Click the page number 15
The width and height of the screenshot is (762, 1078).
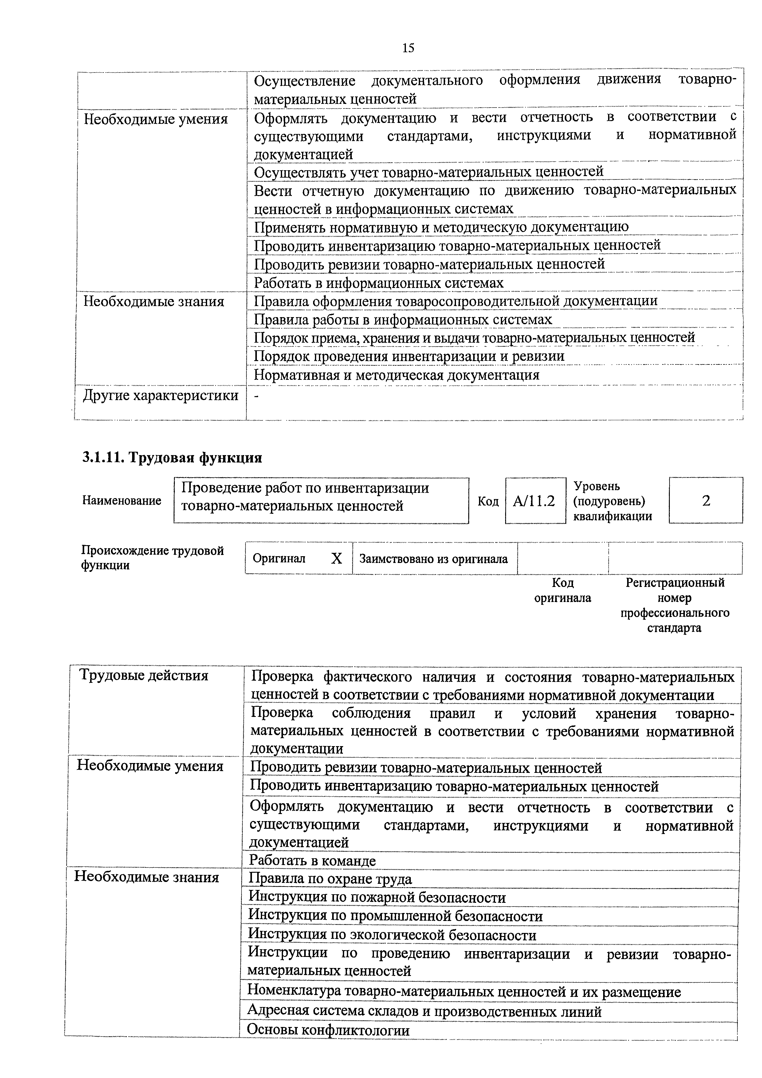click(408, 48)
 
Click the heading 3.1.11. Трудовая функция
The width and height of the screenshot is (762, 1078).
click(172, 457)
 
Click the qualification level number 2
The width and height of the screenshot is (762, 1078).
click(706, 501)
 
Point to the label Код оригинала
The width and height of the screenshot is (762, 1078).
click(563, 590)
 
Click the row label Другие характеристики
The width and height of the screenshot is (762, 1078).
click(161, 395)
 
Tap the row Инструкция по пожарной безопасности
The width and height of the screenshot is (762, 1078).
click(377, 898)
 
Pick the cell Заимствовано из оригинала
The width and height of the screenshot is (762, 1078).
click(433, 559)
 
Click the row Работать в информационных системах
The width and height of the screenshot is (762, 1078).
click(379, 283)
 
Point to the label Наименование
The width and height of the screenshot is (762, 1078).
click(122, 501)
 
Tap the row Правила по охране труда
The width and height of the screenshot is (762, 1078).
click(330, 879)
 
